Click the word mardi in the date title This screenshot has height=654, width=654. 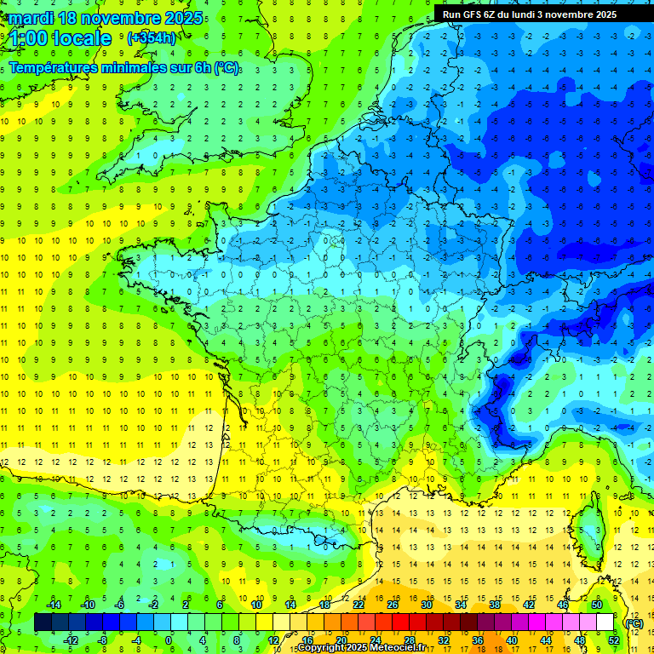coord(30,18)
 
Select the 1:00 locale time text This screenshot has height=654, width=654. coord(60,38)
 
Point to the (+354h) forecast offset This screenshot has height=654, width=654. coord(151,38)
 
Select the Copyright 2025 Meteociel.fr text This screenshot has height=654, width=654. coord(361,648)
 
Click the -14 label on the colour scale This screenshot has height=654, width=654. coord(54,605)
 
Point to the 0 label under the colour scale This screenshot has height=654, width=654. coord(169,640)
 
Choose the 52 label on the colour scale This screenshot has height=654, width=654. coord(613,640)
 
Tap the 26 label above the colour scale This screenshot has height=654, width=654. coord(393,605)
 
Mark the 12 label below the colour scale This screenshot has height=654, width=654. coord(273,640)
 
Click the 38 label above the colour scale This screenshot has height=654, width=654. coord(494,605)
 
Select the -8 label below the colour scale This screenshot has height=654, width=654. coord(104,640)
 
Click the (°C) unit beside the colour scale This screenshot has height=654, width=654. coord(634,623)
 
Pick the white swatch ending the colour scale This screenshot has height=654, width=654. coord(605,622)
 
